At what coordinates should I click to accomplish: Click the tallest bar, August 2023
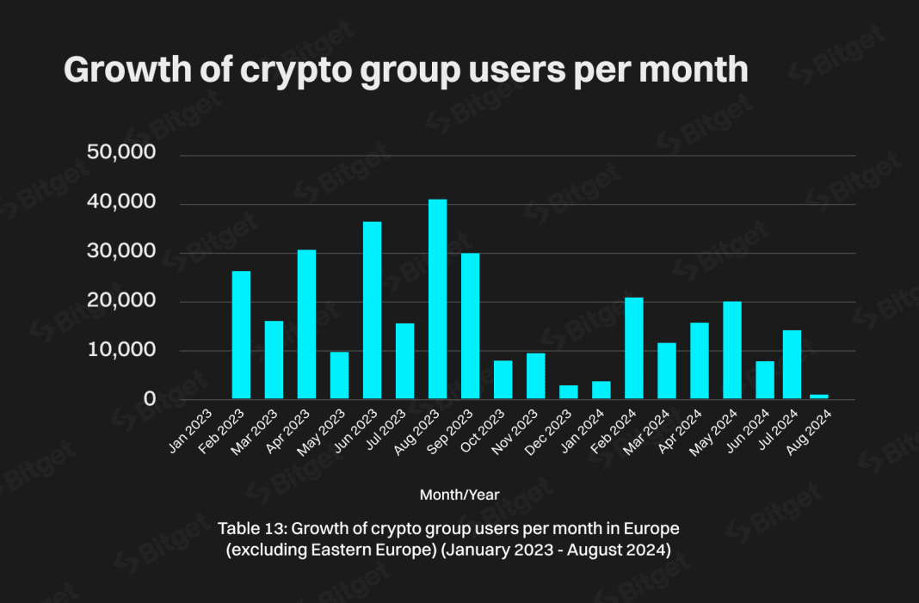[437, 299]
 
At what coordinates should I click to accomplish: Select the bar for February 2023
[241, 335]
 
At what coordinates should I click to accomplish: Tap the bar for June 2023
[372, 310]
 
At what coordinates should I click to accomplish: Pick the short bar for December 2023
[569, 391]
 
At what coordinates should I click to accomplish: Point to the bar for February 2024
[634, 348]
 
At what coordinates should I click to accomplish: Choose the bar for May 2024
[732, 350]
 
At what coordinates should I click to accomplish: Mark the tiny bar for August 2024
[819, 397]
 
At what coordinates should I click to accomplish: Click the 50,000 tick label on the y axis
[121, 153]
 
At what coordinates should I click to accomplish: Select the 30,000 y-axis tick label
[121, 252]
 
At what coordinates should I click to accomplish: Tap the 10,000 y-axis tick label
[121, 350]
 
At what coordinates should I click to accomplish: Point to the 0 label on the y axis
[150, 399]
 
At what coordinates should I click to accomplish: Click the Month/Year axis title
[459, 495]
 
